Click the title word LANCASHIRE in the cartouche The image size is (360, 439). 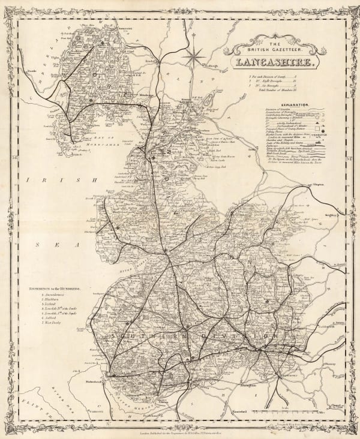pyautogui.click(x=275, y=62)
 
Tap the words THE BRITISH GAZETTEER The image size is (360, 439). pyautogui.click(x=275, y=47)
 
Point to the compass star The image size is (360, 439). pyautogui.click(x=194, y=58)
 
